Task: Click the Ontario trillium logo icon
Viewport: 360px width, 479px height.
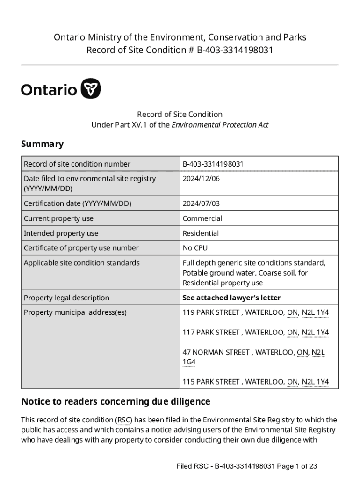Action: click(91, 89)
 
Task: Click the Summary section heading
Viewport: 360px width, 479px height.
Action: click(42, 144)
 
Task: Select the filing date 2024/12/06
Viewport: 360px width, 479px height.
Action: click(201, 179)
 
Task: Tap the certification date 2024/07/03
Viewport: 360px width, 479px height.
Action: click(201, 203)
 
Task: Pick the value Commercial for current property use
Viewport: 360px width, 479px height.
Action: click(202, 218)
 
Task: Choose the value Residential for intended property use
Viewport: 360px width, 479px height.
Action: click(201, 233)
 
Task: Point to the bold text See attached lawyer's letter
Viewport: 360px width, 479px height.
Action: click(231, 298)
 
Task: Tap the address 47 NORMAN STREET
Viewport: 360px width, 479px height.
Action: click(216, 352)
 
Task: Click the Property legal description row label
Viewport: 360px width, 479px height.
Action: click(66, 298)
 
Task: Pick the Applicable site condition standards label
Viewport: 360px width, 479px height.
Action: click(81, 263)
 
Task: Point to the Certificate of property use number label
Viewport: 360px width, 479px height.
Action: click(81, 248)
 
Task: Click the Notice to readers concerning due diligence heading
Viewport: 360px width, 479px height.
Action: click(116, 402)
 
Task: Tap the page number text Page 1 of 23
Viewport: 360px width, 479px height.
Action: click(297, 466)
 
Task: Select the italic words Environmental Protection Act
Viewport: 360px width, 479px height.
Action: click(220, 125)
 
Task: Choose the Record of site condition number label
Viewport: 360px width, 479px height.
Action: click(77, 164)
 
